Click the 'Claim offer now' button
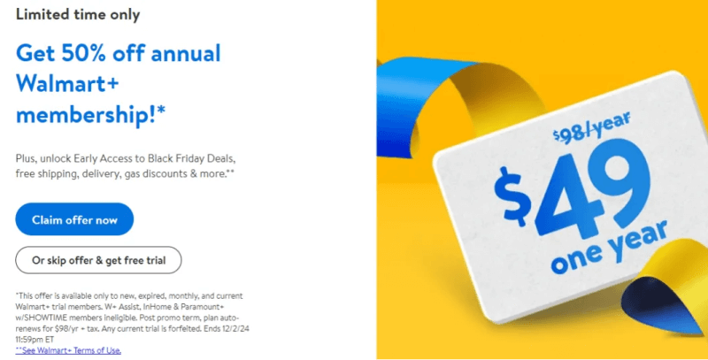74,219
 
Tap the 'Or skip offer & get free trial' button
98,260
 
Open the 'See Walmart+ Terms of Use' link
68,350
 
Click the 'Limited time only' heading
78,14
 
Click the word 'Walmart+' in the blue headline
67,84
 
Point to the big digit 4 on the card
565,197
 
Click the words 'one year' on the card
609,249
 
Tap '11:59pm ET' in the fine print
35,340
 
